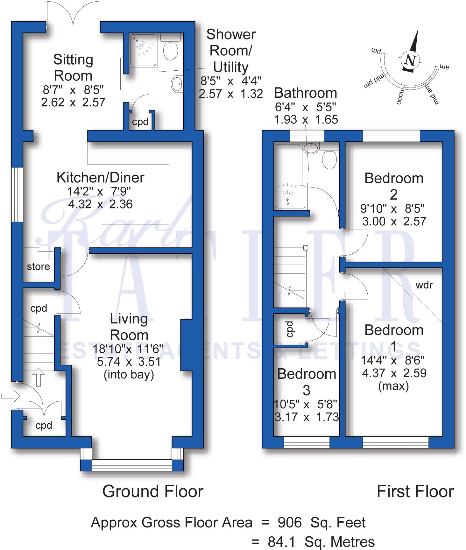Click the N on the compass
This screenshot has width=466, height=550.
[x=410, y=60]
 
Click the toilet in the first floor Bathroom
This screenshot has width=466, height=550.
[x=329, y=159]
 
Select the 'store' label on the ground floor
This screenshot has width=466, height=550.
[x=38, y=266]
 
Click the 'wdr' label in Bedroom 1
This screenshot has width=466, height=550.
[x=424, y=285]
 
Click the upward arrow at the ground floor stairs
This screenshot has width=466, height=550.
[x=39, y=377]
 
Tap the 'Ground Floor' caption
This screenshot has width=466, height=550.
[x=152, y=491]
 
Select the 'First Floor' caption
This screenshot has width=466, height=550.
[x=415, y=491]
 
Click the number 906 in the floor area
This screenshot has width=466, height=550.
[x=289, y=523]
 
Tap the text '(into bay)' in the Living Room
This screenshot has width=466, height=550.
[x=129, y=375]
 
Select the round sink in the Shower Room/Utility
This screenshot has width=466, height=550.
[x=177, y=84]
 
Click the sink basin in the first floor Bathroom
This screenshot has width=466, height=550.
[x=311, y=147]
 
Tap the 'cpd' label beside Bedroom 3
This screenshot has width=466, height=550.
[x=289, y=329]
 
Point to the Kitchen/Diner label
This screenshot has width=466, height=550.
[x=100, y=178]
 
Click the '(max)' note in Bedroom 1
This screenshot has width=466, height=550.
[x=393, y=386]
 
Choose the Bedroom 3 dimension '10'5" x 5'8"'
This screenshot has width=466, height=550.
[x=306, y=404]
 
